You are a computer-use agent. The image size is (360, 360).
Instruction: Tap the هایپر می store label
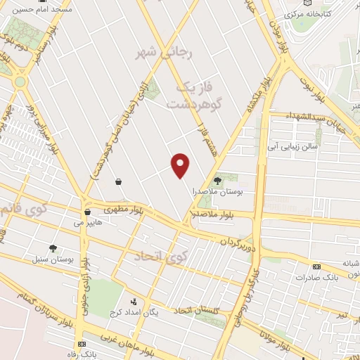tap(88, 222)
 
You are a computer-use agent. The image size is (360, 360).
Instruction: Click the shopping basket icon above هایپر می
tap(88, 212)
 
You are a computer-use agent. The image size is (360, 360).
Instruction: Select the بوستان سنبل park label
tap(53, 259)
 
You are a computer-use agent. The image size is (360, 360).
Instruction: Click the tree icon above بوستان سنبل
tap(53, 248)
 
